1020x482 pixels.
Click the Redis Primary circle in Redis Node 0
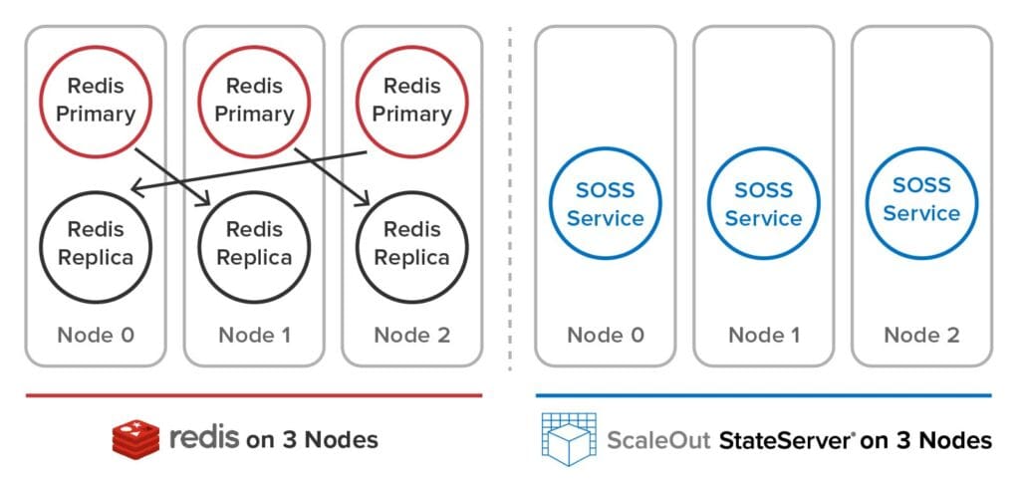(96, 101)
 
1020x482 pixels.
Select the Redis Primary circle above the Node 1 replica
(254, 101)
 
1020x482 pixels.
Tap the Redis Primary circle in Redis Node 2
(411, 101)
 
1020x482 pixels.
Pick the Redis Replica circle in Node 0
(96, 243)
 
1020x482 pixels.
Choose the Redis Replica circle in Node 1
(254, 243)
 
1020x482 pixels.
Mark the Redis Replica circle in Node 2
(411, 243)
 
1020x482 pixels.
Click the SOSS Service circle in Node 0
(605, 204)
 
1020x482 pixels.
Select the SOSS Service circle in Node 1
(763, 204)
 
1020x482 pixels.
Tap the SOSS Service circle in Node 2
(921, 199)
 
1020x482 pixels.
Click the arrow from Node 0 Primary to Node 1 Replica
(175, 177)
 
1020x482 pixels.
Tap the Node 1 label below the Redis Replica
(254, 335)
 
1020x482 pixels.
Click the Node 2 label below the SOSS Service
(921, 335)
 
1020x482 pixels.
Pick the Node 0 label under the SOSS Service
(605, 335)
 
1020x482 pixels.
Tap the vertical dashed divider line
(510, 199)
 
